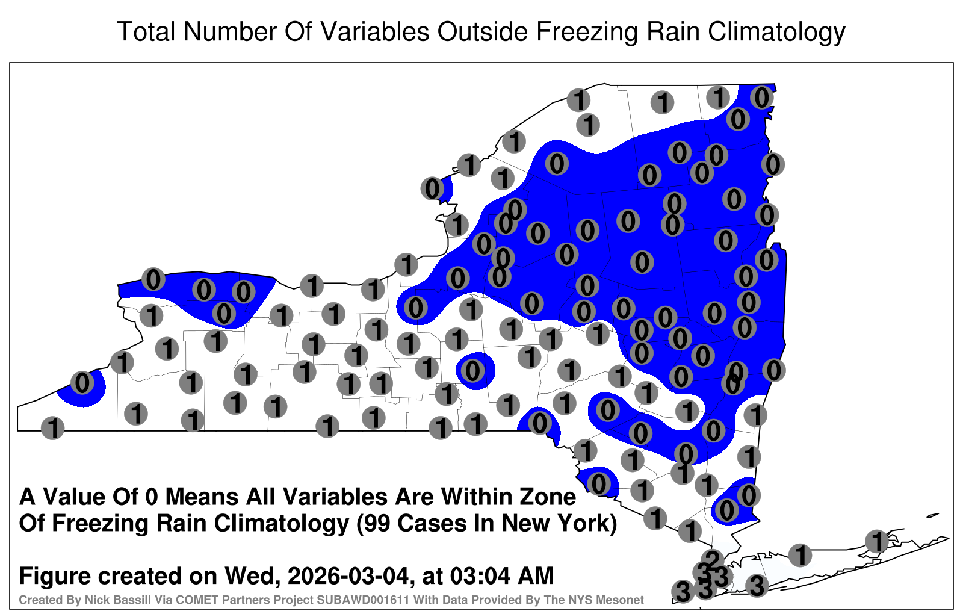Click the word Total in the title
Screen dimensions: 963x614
147,31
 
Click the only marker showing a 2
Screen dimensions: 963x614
713,560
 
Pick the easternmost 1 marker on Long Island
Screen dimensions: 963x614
877,541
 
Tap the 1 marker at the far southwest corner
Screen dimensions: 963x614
53,428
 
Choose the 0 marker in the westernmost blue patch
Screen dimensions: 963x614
82,383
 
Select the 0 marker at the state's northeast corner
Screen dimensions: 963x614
762,98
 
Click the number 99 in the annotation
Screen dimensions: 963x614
376,523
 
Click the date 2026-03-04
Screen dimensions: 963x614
348,575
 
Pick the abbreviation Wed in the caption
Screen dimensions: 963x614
252,576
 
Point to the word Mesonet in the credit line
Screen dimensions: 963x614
624,600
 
